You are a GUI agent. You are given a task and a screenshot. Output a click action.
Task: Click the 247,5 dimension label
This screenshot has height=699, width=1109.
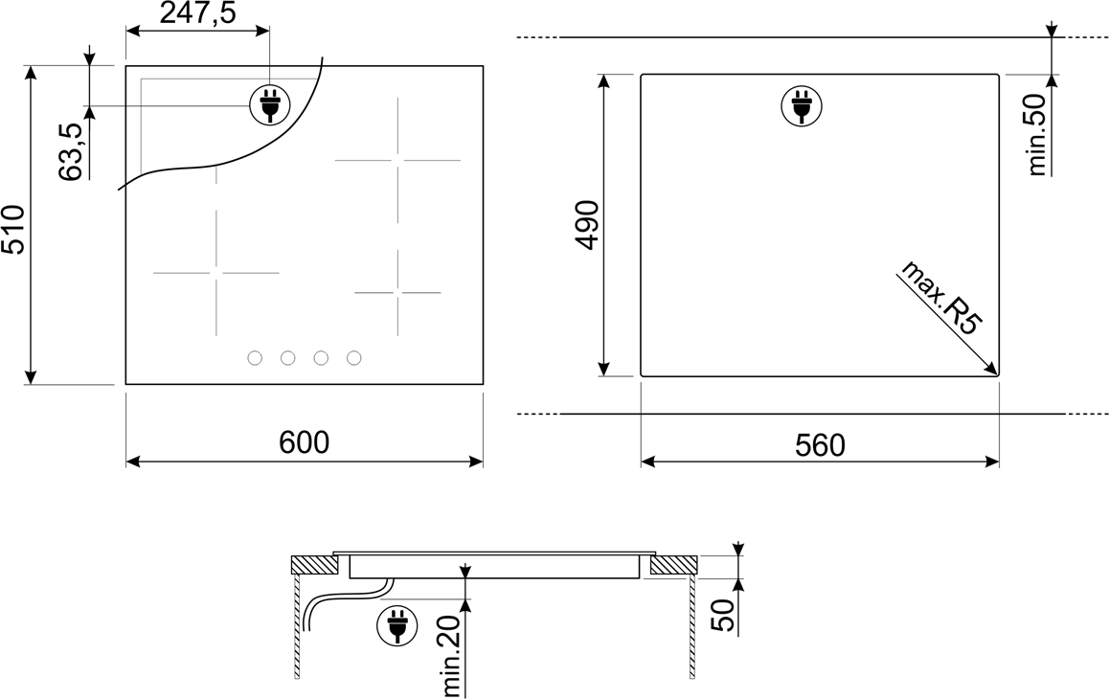tap(197, 12)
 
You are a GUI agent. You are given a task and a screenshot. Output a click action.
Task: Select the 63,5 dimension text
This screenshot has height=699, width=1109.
tap(71, 151)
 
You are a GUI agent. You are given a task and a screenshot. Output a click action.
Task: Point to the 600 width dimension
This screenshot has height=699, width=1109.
tap(305, 442)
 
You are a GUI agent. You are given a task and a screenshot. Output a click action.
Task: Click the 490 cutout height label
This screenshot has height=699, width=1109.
tap(587, 225)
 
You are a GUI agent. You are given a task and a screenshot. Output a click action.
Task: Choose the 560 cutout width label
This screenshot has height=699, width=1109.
tap(821, 445)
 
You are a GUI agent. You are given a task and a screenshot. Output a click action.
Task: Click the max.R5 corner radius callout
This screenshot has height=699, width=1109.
tap(941, 297)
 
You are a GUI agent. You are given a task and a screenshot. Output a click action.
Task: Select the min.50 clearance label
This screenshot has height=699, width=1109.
tap(1036, 134)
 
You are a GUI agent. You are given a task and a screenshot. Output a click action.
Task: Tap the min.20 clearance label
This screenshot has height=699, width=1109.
tap(451, 655)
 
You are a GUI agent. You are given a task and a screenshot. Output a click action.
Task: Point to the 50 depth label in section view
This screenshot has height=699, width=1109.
tap(723, 615)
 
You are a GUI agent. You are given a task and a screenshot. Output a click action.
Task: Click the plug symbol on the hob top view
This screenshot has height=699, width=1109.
tap(269, 105)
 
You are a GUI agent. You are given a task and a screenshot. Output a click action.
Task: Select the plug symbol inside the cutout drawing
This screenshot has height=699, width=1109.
tap(802, 106)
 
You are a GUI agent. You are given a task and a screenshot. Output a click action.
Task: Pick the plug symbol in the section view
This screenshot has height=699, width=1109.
tap(397, 625)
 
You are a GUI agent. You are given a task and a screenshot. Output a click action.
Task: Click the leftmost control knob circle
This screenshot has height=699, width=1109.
tap(255, 358)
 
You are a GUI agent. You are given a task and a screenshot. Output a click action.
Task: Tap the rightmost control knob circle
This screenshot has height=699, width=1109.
tap(354, 358)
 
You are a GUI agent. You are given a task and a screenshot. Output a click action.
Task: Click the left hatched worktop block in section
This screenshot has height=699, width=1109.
tap(315, 565)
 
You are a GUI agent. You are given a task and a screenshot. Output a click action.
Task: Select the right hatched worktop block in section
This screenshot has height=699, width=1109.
tap(674, 565)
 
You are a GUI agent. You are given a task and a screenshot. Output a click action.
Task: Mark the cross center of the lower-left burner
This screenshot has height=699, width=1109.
tap(216, 272)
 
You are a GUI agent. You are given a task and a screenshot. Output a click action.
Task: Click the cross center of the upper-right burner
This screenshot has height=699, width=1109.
tap(397, 160)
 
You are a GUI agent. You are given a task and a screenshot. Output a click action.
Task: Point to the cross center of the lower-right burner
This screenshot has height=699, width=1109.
tap(397, 292)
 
